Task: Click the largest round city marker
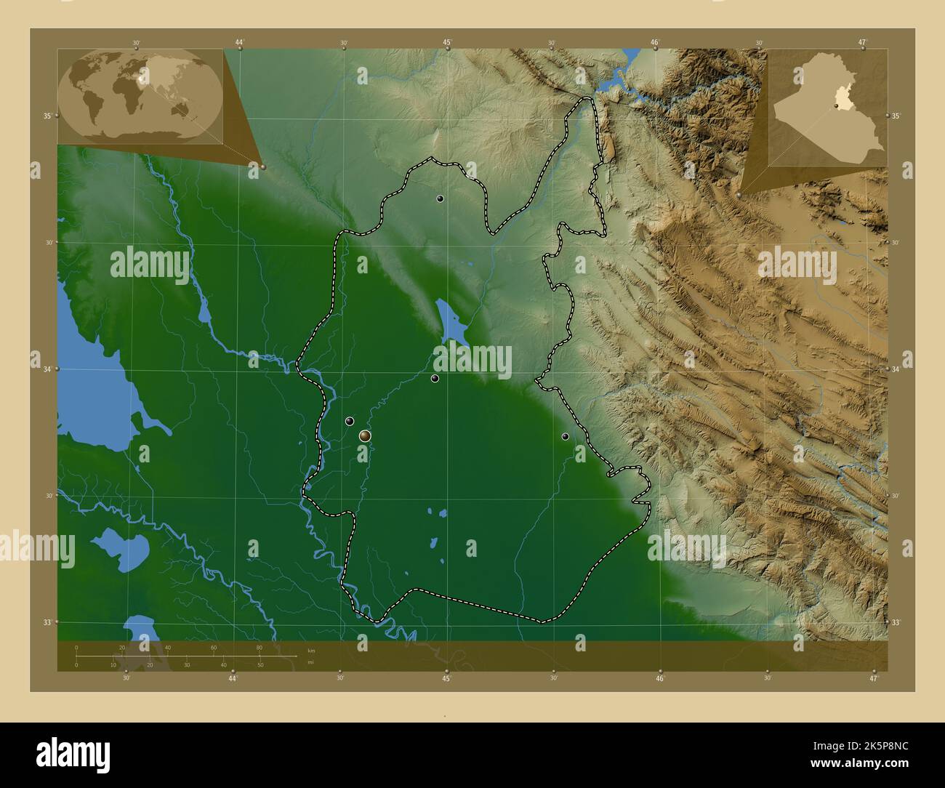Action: point(365,435)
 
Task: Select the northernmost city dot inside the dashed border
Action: point(440,198)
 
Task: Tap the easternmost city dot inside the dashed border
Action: point(565,436)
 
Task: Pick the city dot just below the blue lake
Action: point(435,378)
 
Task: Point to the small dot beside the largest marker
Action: point(350,421)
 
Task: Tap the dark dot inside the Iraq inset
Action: point(837,106)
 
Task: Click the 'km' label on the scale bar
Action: point(311,650)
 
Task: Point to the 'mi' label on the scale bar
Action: point(310,662)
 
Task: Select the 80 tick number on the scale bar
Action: point(259,647)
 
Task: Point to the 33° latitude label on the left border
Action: point(47,622)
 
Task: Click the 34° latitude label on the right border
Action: point(896,369)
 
